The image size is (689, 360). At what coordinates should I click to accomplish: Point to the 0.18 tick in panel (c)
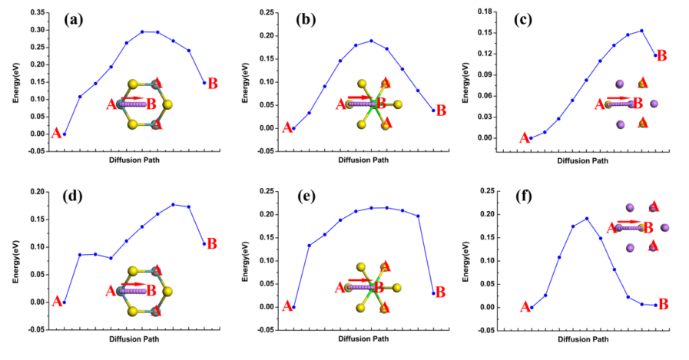tap(503, 12)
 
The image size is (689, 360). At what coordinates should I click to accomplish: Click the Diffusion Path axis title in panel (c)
tap(583, 160)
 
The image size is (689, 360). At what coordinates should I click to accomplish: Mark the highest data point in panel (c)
tap(641, 31)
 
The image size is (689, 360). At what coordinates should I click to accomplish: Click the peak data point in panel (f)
tap(587, 218)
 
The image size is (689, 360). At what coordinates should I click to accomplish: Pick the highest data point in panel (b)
tap(371, 41)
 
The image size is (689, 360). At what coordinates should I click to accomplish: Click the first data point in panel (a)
tap(65, 134)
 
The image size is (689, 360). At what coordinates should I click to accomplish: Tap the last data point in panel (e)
tap(433, 293)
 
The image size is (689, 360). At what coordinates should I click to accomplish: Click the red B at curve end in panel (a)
tap(213, 84)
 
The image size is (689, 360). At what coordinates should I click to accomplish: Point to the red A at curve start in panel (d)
tap(56, 302)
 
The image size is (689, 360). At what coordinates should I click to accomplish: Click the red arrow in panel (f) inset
tap(628, 221)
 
